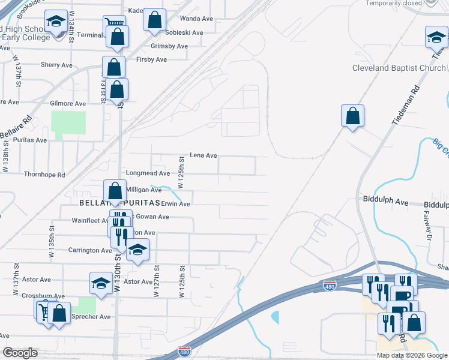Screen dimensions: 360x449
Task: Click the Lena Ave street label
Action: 203,155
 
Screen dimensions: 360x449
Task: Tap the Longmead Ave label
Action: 148,173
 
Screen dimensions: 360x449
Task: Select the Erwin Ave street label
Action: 175,204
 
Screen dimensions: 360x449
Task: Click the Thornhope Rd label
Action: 44,175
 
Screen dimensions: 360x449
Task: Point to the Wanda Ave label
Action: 197,19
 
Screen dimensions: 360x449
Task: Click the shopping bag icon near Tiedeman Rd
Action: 353,115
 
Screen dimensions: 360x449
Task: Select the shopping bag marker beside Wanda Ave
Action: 154,19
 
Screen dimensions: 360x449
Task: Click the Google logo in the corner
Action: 20,353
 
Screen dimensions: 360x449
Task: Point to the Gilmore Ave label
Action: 68,103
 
